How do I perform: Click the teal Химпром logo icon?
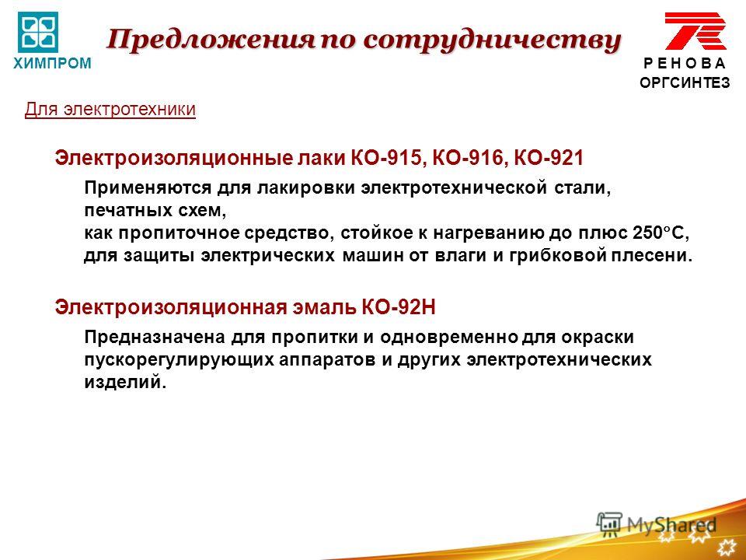38,32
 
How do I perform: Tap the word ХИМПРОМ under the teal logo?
52,63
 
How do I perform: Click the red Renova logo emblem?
695,31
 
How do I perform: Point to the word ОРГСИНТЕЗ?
685,83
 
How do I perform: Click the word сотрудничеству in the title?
492,40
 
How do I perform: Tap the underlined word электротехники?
130,109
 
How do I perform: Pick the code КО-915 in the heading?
389,158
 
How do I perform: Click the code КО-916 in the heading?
468,158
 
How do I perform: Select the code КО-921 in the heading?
546,158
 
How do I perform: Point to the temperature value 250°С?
661,233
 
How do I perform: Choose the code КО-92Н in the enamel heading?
399,308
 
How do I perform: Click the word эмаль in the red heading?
325,308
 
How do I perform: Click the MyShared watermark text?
671,525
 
